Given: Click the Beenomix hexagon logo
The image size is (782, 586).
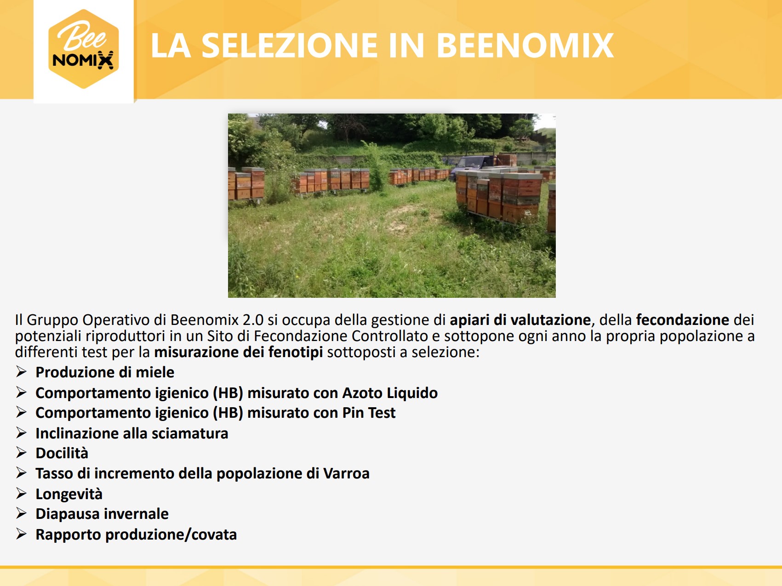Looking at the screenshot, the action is click(x=83, y=49).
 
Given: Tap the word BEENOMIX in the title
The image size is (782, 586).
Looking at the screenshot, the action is click(x=525, y=46).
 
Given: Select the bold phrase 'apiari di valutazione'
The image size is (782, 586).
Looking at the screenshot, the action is click(x=520, y=319).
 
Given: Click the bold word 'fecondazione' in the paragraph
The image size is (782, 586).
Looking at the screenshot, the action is click(x=682, y=319).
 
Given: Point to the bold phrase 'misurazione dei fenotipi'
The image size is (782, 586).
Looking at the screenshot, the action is click(x=238, y=352).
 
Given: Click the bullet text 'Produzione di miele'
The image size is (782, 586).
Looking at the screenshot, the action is click(x=105, y=372).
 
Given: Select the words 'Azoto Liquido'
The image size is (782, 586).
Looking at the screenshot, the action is click(x=390, y=393).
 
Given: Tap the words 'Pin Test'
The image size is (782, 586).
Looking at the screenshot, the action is click(x=369, y=413).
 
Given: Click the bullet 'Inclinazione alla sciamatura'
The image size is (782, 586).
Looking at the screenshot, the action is click(x=132, y=433).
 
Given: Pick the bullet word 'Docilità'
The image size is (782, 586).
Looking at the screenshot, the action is click(x=62, y=453).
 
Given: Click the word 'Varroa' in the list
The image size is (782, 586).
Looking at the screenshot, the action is click(x=346, y=473).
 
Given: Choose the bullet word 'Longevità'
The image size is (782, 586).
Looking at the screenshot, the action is click(x=69, y=494).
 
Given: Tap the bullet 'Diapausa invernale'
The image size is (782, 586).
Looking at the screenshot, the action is click(x=102, y=513).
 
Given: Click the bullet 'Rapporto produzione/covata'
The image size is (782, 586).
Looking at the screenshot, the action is click(x=136, y=535).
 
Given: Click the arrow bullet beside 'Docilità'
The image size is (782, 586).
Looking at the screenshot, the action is click(x=21, y=453).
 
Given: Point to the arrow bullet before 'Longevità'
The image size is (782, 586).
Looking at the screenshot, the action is click(x=21, y=493).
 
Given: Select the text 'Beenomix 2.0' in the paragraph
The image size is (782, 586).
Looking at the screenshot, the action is click(x=217, y=319).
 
